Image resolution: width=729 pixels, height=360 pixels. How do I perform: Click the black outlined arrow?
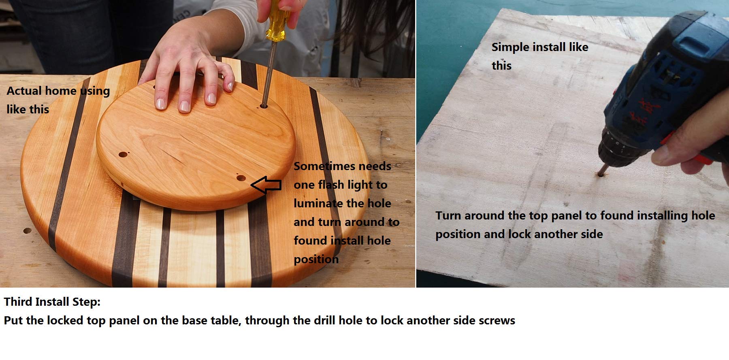pyautogui.click(x=266, y=185)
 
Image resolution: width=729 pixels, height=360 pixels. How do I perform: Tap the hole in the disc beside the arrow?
pyautogui.click(x=241, y=178)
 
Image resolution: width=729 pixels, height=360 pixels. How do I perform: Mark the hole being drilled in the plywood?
pyautogui.click(x=599, y=175)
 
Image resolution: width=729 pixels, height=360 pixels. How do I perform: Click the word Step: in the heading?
pyautogui.click(x=86, y=302)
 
